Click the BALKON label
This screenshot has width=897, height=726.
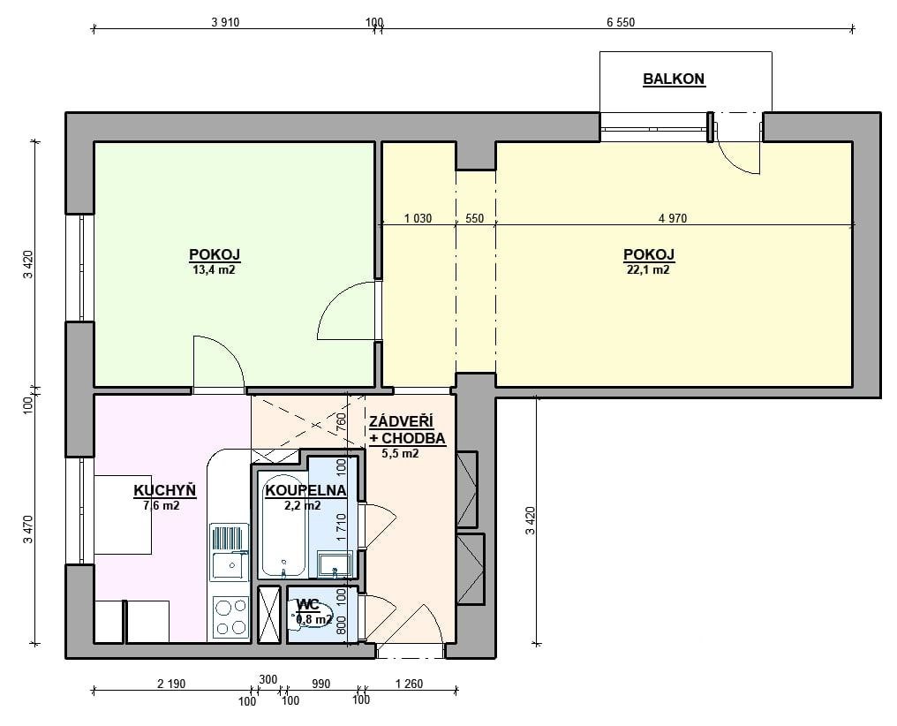674,79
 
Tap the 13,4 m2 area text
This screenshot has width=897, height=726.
214,270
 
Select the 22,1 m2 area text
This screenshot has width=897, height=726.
648,270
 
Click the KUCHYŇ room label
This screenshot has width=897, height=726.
165,490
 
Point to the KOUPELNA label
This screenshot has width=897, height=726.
305,490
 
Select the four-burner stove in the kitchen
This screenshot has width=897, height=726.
230,617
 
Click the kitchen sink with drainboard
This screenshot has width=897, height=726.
229,552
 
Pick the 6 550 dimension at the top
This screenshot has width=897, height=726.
621,22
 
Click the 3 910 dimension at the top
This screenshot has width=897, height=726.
225,22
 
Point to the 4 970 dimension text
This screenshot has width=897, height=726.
673,218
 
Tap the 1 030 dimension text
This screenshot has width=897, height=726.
418,218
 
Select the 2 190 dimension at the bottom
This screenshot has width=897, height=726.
171,684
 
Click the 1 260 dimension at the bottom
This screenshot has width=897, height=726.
409,684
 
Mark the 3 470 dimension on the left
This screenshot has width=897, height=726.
29,530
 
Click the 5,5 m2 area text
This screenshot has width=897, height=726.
401,454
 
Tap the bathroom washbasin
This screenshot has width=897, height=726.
335,564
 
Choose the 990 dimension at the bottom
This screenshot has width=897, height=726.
321,684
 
